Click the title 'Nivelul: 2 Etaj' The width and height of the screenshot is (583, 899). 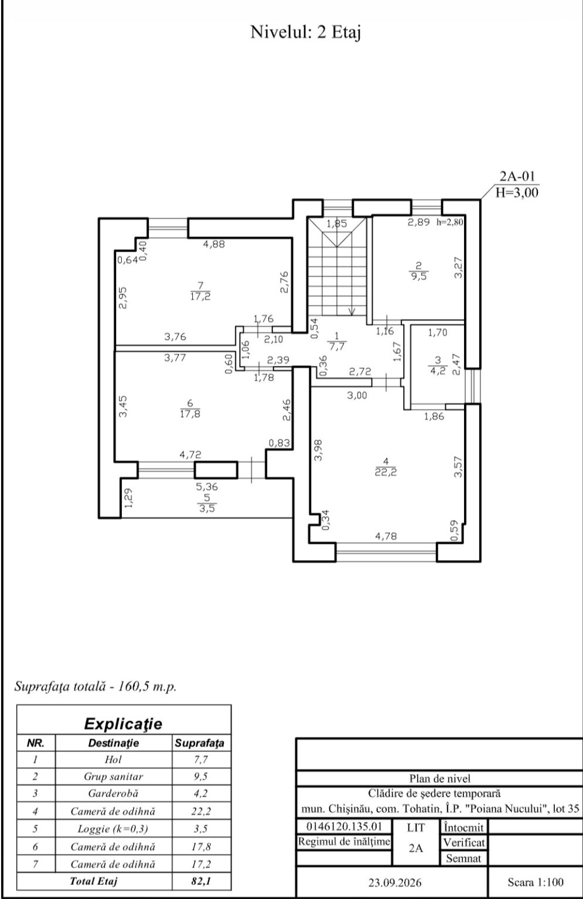tap(305, 32)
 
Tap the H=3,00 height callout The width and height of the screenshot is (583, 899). tap(517, 193)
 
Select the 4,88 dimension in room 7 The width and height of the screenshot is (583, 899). tap(214, 244)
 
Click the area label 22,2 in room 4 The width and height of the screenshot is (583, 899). tap(386, 472)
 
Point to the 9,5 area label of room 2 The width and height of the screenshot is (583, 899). tap(419, 276)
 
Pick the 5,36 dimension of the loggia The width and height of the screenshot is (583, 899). tap(207, 487)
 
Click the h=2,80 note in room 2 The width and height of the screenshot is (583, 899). tap(450, 222)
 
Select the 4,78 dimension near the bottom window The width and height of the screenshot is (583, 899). tap(386, 536)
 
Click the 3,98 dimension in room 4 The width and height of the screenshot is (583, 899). tap(318, 450)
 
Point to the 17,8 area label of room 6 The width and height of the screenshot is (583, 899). tap(190, 414)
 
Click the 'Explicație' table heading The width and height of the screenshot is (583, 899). tap(124, 723)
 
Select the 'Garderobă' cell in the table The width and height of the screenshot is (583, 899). tap(113, 794)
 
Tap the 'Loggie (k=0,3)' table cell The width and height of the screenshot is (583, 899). tap(113, 828)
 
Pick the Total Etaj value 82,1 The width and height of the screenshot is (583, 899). tap(201, 881)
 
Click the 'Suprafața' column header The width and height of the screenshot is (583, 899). tap(199, 743)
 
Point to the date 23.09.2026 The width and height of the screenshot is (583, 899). tap(395, 883)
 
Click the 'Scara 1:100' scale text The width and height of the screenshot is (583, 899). tap(536, 882)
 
